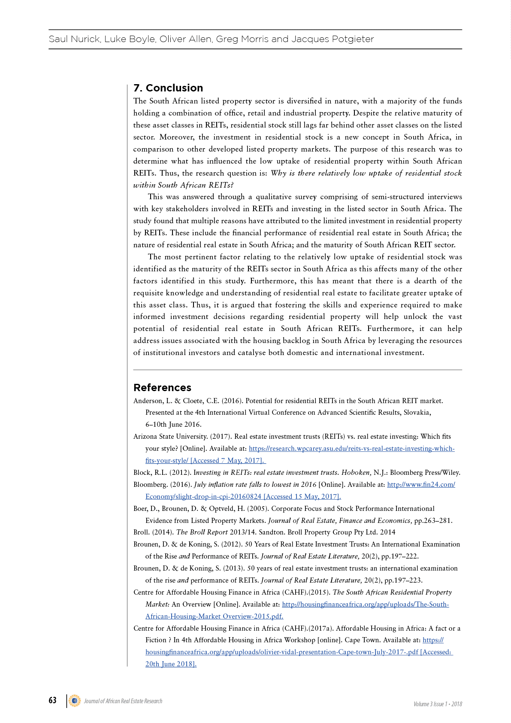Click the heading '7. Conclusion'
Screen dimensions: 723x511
click(168, 88)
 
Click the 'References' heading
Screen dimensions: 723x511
click(162, 388)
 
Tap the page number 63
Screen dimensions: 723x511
click(52, 700)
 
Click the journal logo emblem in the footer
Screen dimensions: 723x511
click(75, 701)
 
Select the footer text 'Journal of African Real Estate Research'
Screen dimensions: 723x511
click(123, 701)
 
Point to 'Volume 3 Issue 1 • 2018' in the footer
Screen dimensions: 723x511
click(438, 704)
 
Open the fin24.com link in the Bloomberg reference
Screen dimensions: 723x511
click(420, 485)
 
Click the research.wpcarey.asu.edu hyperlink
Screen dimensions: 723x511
click(351, 449)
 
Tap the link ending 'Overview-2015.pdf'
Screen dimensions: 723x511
click(214, 617)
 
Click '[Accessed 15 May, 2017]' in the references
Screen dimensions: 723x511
click(302, 497)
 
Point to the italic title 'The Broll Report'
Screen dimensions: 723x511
click(202, 532)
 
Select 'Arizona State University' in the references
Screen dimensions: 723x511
click(170, 437)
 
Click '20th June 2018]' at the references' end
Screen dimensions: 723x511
click(171, 664)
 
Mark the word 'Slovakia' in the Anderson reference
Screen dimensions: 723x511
click(416, 413)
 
